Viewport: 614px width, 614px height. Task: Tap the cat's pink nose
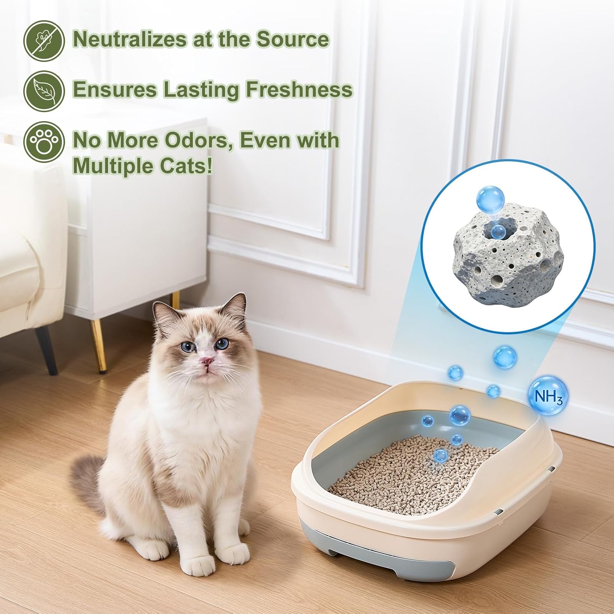click(208, 361)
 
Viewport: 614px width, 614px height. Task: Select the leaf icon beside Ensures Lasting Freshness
click(44, 90)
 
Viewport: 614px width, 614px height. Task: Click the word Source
click(293, 39)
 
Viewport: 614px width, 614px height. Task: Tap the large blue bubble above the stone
click(490, 199)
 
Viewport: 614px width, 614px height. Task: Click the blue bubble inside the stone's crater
click(498, 231)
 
